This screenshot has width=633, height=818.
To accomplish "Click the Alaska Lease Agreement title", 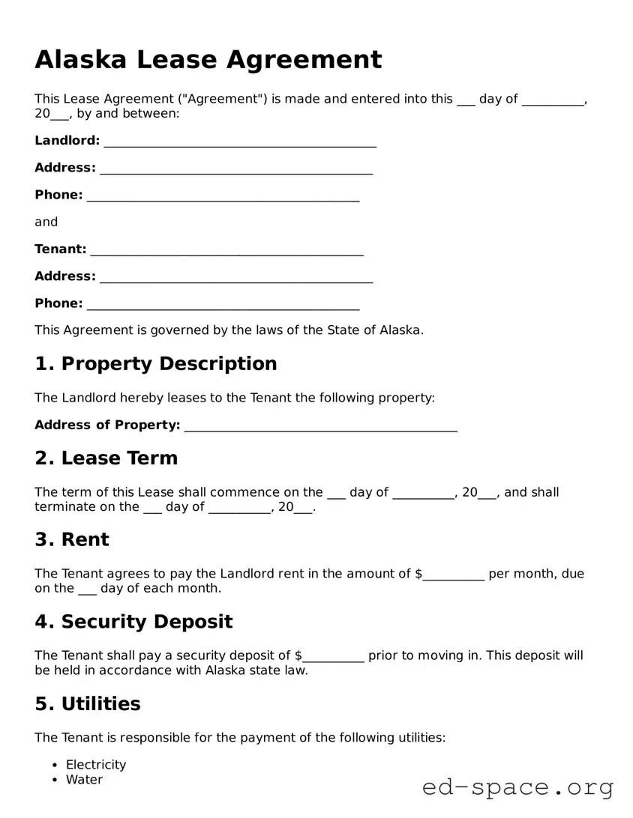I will point(208,59).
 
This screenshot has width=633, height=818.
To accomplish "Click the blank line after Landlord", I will point(240,142).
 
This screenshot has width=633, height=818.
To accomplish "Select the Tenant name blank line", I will point(226,251).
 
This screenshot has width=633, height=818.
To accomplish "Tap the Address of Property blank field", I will point(320,427).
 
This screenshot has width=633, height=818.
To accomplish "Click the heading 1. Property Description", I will point(155,364).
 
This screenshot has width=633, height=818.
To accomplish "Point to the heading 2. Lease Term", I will point(106,458).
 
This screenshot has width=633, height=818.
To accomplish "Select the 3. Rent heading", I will point(71,539).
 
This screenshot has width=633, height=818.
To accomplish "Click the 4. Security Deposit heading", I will point(133,622).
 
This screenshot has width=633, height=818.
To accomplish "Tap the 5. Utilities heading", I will point(87,703).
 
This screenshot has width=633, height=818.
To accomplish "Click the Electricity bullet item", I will point(96,765).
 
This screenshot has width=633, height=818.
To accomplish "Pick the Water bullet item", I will point(84,780).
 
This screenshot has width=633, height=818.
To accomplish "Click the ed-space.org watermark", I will point(517,787).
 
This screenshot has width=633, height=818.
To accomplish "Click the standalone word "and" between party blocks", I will point(46,222).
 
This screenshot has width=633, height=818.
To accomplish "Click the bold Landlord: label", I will point(67,140).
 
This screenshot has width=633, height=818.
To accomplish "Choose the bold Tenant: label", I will point(60,249).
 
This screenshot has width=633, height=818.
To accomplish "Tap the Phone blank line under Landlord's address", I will point(223,197).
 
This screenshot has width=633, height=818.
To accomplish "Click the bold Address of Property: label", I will point(107,425).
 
